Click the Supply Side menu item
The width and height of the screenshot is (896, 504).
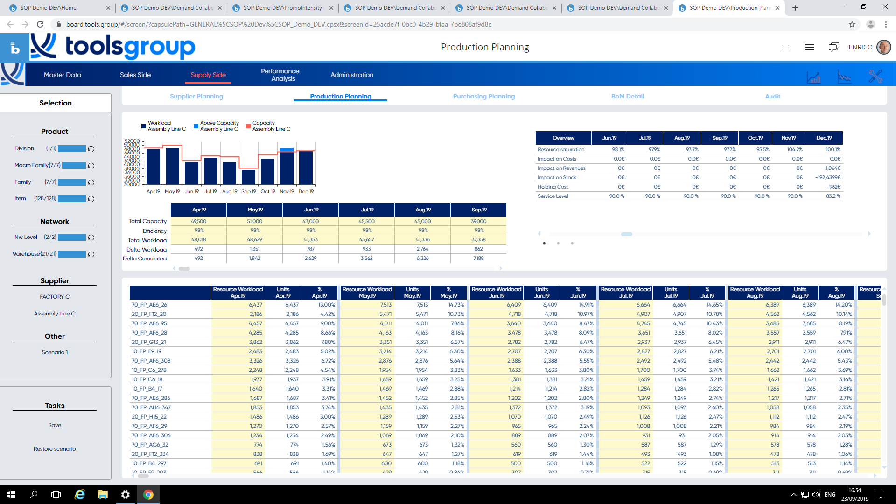[x=208, y=75]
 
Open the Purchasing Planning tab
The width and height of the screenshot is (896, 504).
[x=484, y=96]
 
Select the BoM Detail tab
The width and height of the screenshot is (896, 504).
[x=628, y=96]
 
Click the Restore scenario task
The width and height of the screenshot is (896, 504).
[x=55, y=449]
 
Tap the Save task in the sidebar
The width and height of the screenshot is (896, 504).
[x=55, y=425]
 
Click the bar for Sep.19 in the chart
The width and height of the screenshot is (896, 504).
[x=248, y=177]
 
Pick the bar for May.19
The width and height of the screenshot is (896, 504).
[x=172, y=166]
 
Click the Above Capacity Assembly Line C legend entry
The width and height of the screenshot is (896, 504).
[x=219, y=126]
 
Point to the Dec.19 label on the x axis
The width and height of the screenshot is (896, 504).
[x=306, y=191]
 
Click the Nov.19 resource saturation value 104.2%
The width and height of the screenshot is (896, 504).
[x=795, y=150]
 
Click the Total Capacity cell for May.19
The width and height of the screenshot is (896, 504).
[x=254, y=221]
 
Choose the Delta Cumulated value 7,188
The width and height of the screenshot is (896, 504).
[x=478, y=258]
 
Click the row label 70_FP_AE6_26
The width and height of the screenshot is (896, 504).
[x=149, y=305]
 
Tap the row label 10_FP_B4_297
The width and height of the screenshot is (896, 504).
[x=149, y=463]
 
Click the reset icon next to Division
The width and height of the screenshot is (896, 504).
[x=91, y=149]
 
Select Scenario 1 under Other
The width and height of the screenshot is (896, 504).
[x=55, y=352]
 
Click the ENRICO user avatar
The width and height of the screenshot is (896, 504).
[x=883, y=47]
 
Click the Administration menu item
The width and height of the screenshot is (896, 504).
[x=352, y=75]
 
